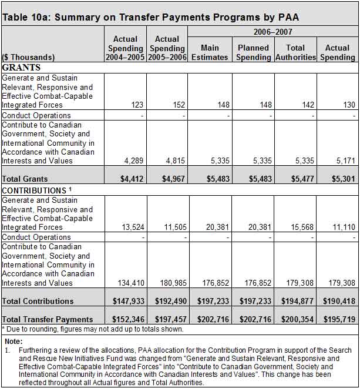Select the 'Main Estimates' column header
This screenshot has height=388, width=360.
tap(210, 52)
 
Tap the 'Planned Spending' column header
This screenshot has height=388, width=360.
tap(254, 52)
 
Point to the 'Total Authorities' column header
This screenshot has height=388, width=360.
tap(295, 52)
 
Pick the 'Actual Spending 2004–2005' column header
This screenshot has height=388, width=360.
tap(125, 48)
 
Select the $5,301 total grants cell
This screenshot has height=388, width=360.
tap(340, 179)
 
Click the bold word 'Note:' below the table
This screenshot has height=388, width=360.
tap(13, 340)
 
